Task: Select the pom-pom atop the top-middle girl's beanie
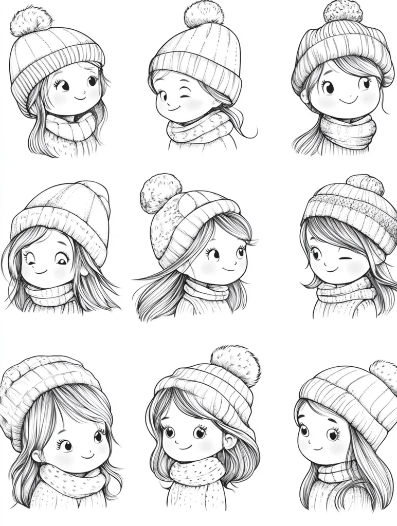pos(204,14)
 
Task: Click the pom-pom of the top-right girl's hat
pos(342,11)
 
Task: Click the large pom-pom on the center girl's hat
pos(160,193)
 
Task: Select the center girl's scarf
pos(206,292)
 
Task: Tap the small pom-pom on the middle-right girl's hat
pos(365,184)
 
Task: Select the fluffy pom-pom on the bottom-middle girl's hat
pos(235,364)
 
